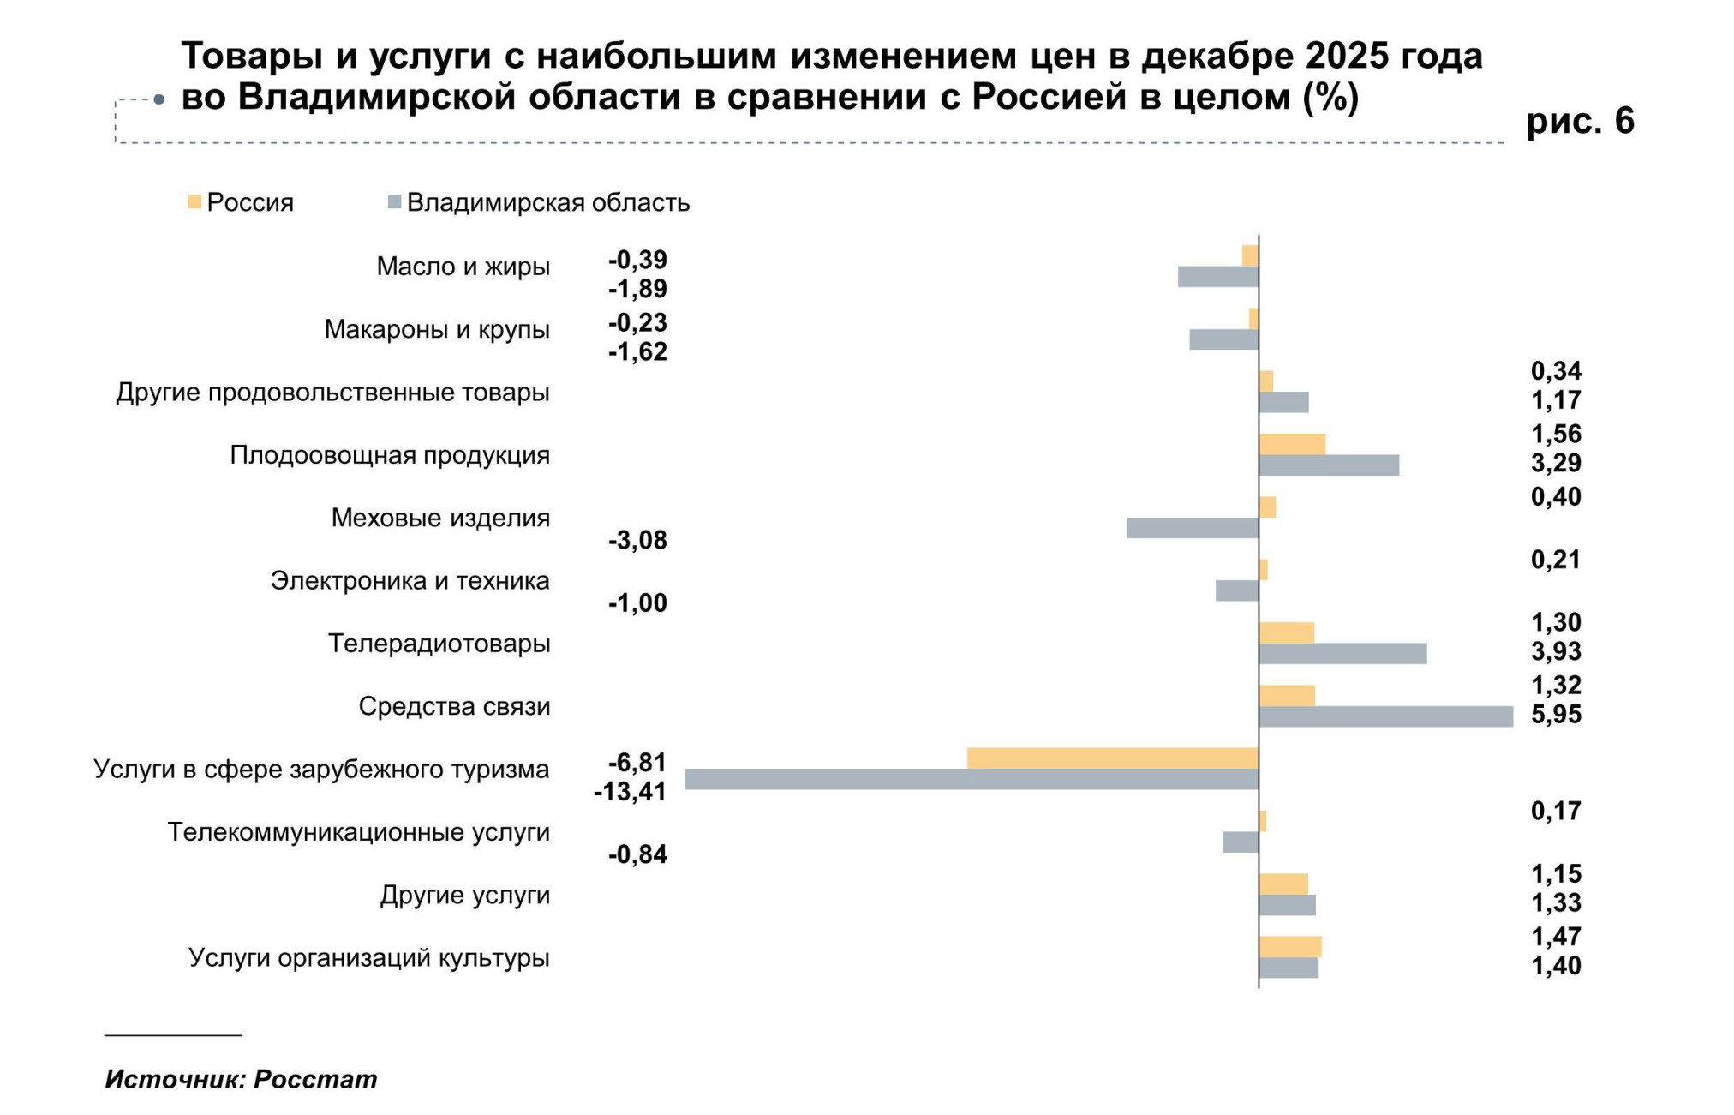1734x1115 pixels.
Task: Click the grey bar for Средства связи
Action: pyautogui.click(x=1385, y=716)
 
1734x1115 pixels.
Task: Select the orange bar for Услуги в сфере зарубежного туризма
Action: pyautogui.click(x=1113, y=758)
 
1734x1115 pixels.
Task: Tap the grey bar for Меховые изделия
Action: pyautogui.click(x=1193, y=528)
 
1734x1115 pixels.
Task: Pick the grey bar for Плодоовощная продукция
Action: pyautogui.click(x=1329, y=465)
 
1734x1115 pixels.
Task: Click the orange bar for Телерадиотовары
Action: pyautogui.click(x=1286, y=633)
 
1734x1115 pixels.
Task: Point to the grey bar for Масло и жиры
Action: pyautogui.click(x=1218, y=277)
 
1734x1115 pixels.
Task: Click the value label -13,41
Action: pyautogui.click(x=630, y=792)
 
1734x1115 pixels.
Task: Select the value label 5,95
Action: pyautogui.click(x=1556, y=715)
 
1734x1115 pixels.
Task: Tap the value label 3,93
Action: pyautogui.click(x=1556, y=652)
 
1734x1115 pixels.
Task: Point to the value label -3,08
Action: pyautogui.click(x=637, y=541)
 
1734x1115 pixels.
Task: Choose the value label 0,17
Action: pyautogui.click(x=1556, y=812)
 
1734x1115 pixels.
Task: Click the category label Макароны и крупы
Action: pyautogui.click(x=437, y=330)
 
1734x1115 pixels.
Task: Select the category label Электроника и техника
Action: pyautogui.click(x=410, y=581)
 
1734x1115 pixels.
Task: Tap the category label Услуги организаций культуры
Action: pyautogui.click(x=369, y=958)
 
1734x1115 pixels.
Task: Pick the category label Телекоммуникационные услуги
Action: pyautogui.click(x=359, y=832)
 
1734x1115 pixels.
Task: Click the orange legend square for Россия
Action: pyautogui.click(x=194, y=202)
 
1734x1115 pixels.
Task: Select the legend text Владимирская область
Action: pyautogui.click(x=548, y=203)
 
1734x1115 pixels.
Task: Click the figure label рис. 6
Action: pyautogui.click(x=1580, y=121)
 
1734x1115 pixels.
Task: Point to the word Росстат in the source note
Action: pyautogui.click(x=315, y=1079)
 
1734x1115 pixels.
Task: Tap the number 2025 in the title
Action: pyautogui.click(x=1348, y=57)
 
